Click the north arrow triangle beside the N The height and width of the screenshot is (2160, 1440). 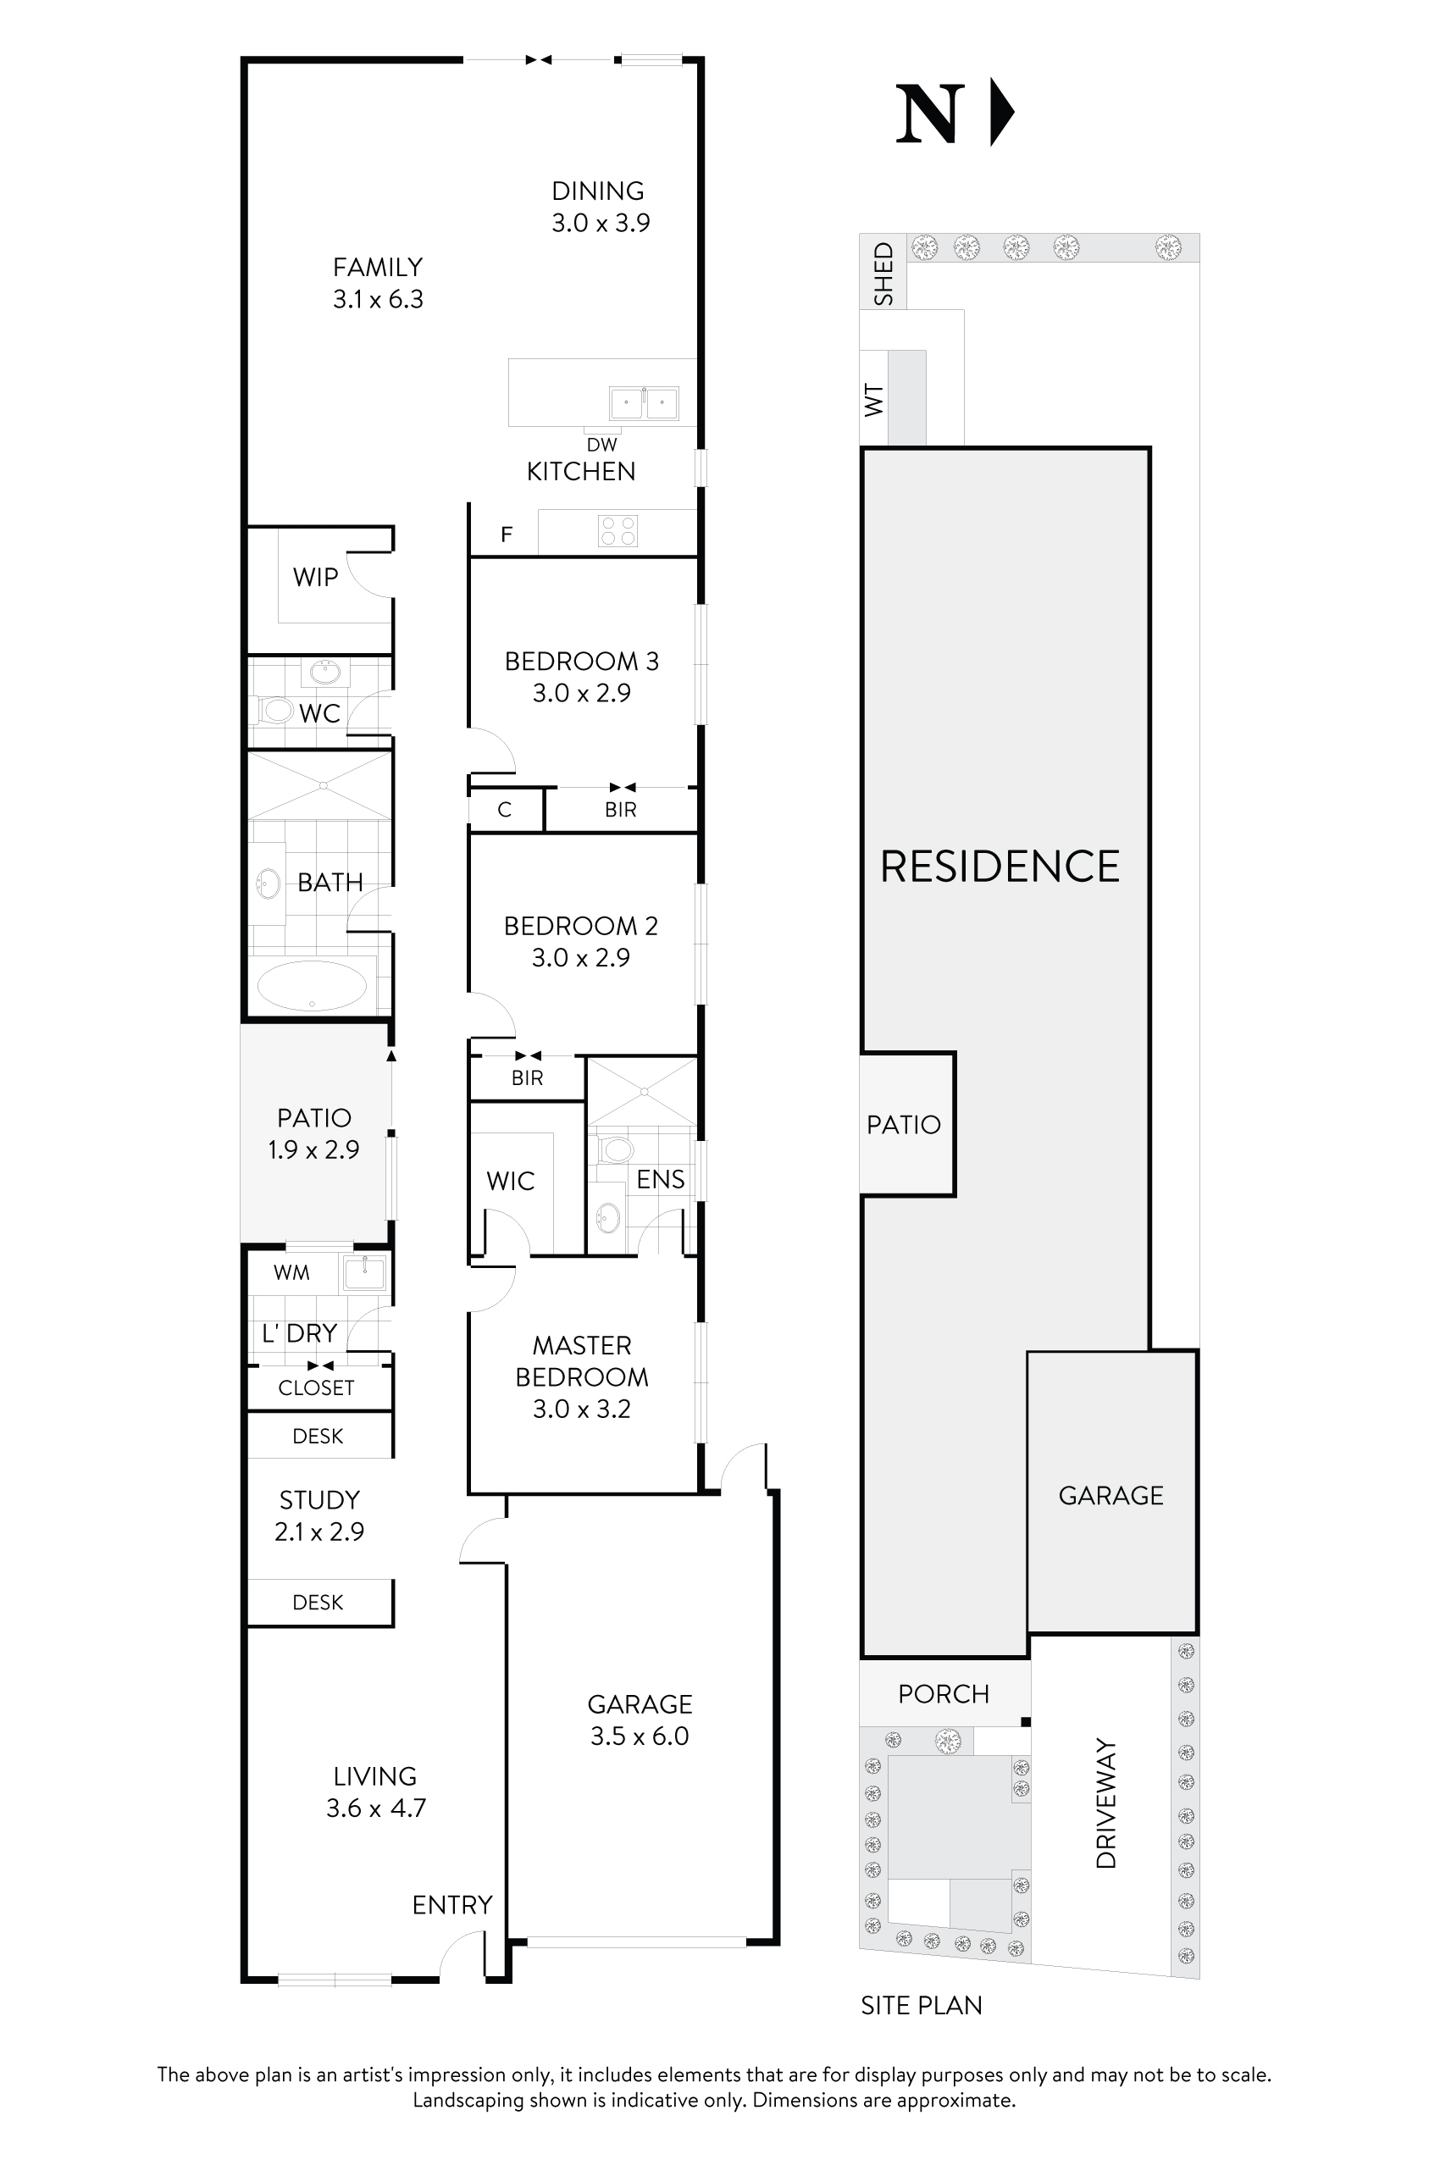pyautogui.click(x=1000, y=113)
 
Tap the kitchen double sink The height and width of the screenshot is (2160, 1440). pyautogui.click(x=644, y=403)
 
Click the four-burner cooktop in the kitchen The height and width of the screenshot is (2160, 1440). pyautogui.click(x=618, y=531)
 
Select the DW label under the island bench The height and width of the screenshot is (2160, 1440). pyautogui.click(x=601, y=445)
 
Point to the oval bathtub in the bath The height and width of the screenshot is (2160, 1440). pyautogui.click(x=313, y=985)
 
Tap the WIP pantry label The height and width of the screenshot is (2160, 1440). pyautogui.click(x=315, y=577)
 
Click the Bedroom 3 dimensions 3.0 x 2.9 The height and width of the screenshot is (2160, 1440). pyautogui.click(x=581, y=694)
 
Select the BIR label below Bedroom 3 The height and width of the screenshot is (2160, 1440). pyautogui.click(x=620, y=810)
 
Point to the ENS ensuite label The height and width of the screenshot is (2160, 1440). pyautogui.click(x=661, y=1179)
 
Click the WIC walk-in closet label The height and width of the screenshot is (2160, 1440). pyautogui.click(x=511, y=1181)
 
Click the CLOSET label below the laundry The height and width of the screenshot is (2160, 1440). pyautogui.click(x=316, y=1387)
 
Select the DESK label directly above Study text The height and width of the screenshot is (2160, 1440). pyautogui.click(x=318, y=1437)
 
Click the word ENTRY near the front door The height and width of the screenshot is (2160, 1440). pyautogui.click(x=451, y=1905)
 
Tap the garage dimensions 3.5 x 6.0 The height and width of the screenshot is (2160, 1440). pyautogui.click(x=640, y=1736)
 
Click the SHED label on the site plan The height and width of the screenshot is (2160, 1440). pyautogui.click(x=883, y=274)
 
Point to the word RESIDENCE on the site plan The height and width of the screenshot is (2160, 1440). pyautogui.click(x=1000, y=867)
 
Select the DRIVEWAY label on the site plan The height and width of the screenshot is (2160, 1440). pyautogui.click(x=1106, y=1803)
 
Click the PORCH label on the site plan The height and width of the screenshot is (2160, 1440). pyautogui.click(x=943, y=1694)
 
